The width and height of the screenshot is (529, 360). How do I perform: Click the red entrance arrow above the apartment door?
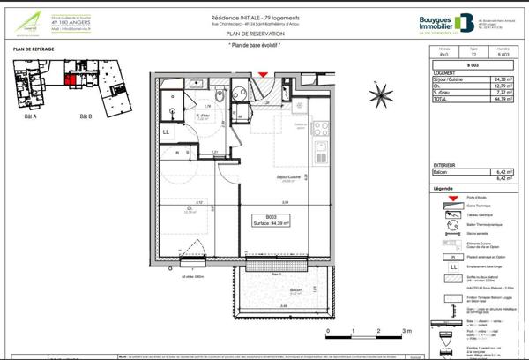tap(261, 77)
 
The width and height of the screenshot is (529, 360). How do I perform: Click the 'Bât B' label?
tap(86, 116)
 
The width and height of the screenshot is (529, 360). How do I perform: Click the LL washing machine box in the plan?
tap(166, 132)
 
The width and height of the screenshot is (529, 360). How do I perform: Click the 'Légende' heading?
tap(443, 190)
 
